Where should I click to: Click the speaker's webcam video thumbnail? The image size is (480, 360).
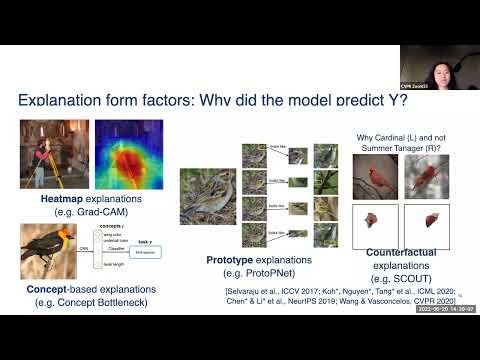click(440, 68)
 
